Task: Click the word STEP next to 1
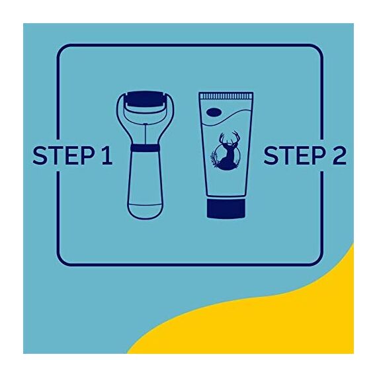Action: pyautogui.click(x=65, y=156)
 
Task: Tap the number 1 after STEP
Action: pyautogui.click(x=106, y=156)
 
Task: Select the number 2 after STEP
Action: pyautogui.click(x=338, y=156)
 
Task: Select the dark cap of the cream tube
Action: pyautogui.click(x=226, y=209)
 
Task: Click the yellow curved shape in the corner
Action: pyautogui.click(x=278, y=324)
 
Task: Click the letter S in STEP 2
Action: pyautogui.click(x=271, y=156)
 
